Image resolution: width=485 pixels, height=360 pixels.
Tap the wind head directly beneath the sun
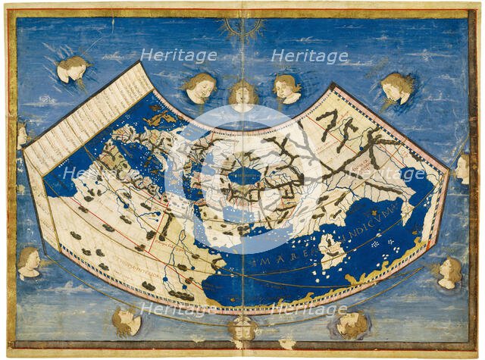click(242, 95)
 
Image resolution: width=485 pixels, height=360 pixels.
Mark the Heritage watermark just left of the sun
click(179, 55)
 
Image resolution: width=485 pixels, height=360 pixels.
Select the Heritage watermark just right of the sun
click(308, 55)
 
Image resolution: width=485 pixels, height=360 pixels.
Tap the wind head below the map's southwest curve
click(125, 321)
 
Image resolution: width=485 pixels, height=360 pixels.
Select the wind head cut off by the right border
click(462, 168)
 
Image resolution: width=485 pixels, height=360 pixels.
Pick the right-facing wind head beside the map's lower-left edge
click(29, 262)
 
